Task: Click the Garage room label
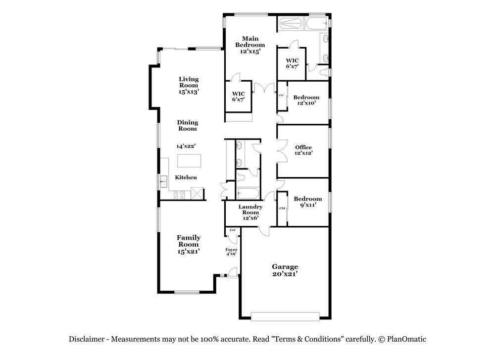[x=285, y=266]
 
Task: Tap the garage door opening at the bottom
[x=285, y=316]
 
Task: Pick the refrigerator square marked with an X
[x=197, y=193]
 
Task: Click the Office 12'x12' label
[x=303, y=150]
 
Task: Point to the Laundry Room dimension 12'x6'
[x=250, y=218]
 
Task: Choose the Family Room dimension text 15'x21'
[x=188, y=251]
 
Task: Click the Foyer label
[x=232, y=250]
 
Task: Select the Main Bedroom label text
[x=250, y=42]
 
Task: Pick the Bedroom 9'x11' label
[x=307, y=202]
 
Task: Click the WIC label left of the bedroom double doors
[x=239, y=97]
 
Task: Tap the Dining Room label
[x=188, y=125]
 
